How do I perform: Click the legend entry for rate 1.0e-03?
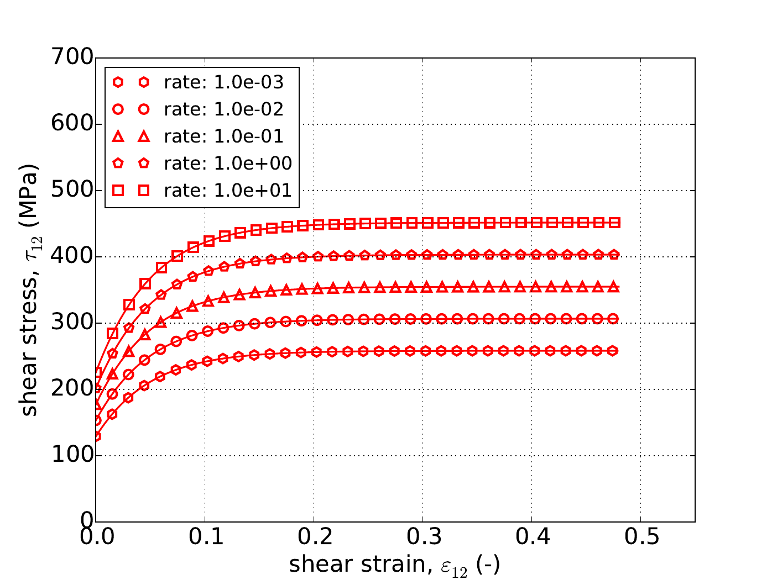click(x=223, y=82)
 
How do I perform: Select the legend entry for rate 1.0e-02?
click(x=223, y=109)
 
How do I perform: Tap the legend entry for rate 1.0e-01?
click(x=223, y=136)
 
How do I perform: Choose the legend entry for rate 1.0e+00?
click(x=228, y=164)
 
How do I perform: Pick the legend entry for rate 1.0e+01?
click(x=228, y=191)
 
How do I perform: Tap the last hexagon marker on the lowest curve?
click(x=613, y=351)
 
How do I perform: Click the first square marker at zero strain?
click(x=97, y=372)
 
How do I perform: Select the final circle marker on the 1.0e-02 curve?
click(x=613, y=319)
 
